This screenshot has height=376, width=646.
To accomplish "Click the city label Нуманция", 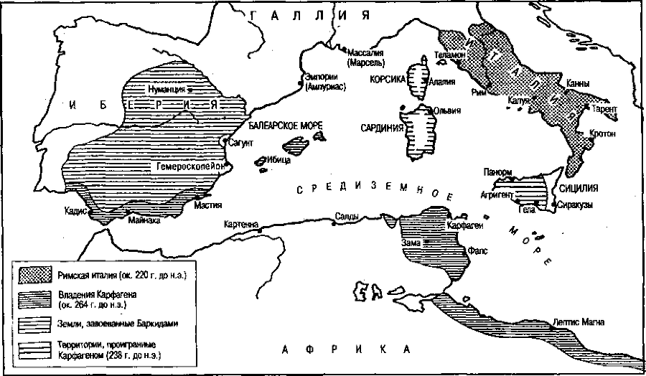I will tap(167, 90).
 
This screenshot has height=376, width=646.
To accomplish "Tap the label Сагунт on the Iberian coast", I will tap(242, 143).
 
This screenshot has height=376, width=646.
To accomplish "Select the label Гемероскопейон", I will tap(189, 165).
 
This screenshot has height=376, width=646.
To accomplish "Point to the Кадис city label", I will tap(75, 210).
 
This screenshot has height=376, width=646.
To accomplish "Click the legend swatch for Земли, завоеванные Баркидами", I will tap(32, 324).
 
